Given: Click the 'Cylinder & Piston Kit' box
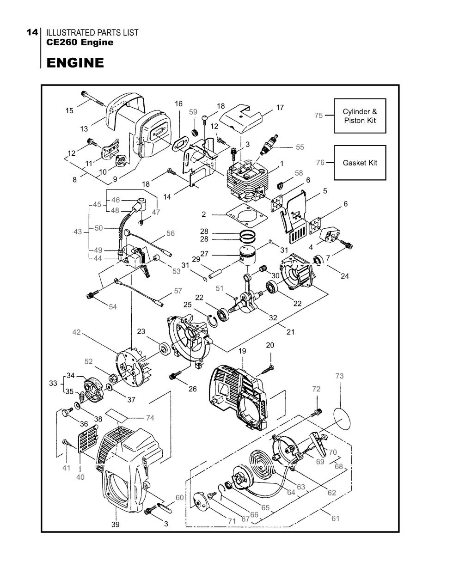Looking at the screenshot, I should tap(360, 116).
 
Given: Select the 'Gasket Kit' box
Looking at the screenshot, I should tap(360, 163).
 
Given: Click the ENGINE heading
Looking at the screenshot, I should tap(75, 62).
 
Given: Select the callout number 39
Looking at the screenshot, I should tap(115, 524).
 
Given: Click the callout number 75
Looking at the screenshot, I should tap(318, 116).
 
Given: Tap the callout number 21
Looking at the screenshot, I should tap(290, 332).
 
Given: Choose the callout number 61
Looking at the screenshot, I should tap(335, 519).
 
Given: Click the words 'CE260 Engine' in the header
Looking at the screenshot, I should tap(80, 43).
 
